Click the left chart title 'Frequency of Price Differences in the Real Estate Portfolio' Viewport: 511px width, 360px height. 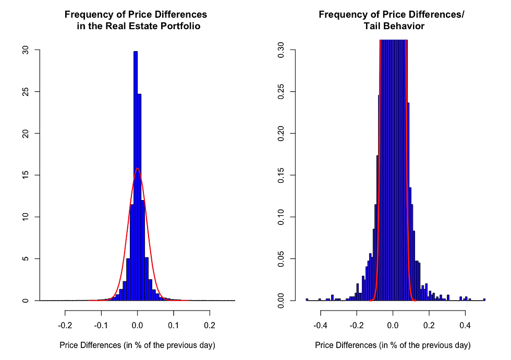pyautogui.click(x=136, y=20)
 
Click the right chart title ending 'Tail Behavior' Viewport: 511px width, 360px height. pyautogui.click(x=391, y=20)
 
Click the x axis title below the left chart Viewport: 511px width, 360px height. pyautogui.click(x=137, y=345)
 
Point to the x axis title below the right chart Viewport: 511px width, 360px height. pyautogui.click(x=393, y=345)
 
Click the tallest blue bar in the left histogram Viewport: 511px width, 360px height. pyautogui.click(x=135, y=177)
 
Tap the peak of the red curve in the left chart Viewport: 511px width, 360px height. pyautogui.click(x=137, y=168)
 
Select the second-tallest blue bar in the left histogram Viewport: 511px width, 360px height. pyautogui.click(x=139, y=198)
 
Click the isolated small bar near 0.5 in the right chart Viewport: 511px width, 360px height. pyautogui.click(x=484, y=300)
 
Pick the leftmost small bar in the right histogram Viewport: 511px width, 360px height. pyautogui.click(x=307, y=300)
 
